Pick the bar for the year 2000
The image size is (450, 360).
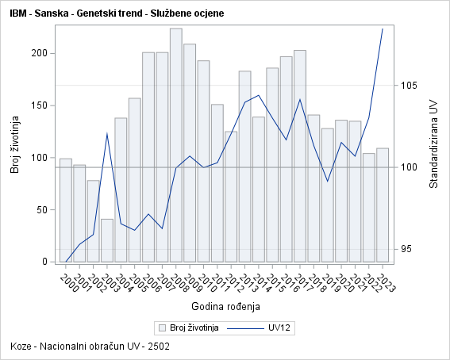[66, 210]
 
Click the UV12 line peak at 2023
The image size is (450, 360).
[383, 29]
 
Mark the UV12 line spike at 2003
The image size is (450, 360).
[107, 133]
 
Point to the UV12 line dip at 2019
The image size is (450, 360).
[328, 182]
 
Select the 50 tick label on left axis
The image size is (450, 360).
[40, 209]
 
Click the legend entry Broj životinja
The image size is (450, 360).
[188, 327]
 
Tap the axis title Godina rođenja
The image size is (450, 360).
[225, 306]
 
